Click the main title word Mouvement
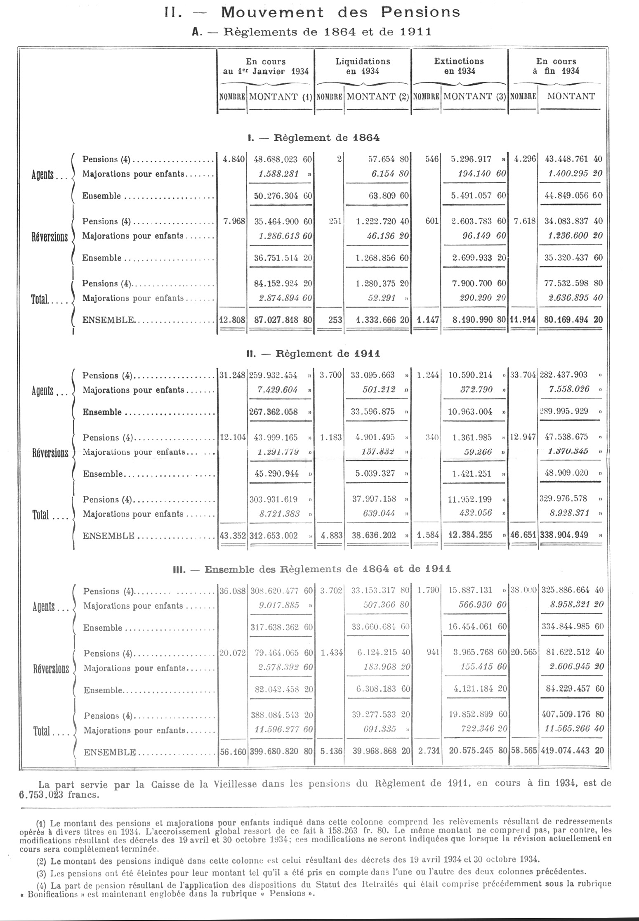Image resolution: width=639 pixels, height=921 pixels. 272,13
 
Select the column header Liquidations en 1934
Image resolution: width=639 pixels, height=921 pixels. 363,66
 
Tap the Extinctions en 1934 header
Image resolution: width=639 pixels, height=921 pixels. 459,66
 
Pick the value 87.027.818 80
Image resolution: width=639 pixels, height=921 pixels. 283,320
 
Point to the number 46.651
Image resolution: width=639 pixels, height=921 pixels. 523,536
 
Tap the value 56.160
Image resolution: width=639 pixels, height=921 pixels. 233,751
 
